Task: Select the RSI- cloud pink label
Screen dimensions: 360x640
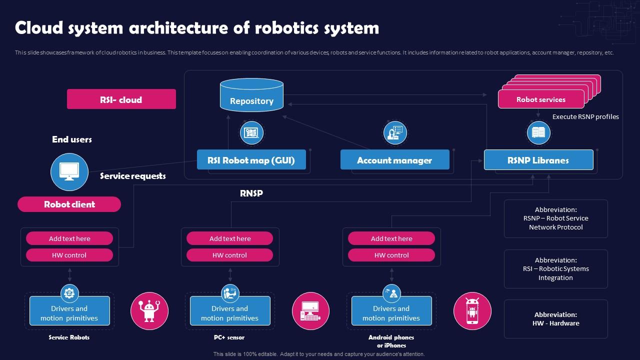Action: point(121,99)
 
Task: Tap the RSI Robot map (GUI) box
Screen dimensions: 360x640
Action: point(251,160)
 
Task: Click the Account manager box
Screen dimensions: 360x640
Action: point(394,160)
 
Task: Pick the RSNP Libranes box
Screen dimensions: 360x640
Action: point(538,160)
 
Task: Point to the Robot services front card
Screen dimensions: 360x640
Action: point(540,99)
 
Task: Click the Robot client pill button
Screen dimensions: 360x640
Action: point(69,204)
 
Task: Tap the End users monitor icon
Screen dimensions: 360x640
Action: point(69,171)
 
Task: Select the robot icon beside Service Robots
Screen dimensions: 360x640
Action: point(149,311)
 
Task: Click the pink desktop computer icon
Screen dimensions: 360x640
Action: point(310,311)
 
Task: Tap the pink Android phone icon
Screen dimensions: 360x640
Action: point(472,311)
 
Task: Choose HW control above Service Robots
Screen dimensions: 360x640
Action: point(69,255)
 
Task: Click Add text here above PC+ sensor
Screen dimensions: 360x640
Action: point(229,238)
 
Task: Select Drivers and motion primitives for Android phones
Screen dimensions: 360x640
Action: point(391,313)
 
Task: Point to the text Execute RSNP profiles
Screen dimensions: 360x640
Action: point(585,116)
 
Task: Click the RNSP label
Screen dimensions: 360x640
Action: point(251,193)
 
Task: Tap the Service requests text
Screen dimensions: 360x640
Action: point(132,176)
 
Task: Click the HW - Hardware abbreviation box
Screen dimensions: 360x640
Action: point(555,319)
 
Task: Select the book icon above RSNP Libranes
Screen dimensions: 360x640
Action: point(538,132)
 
